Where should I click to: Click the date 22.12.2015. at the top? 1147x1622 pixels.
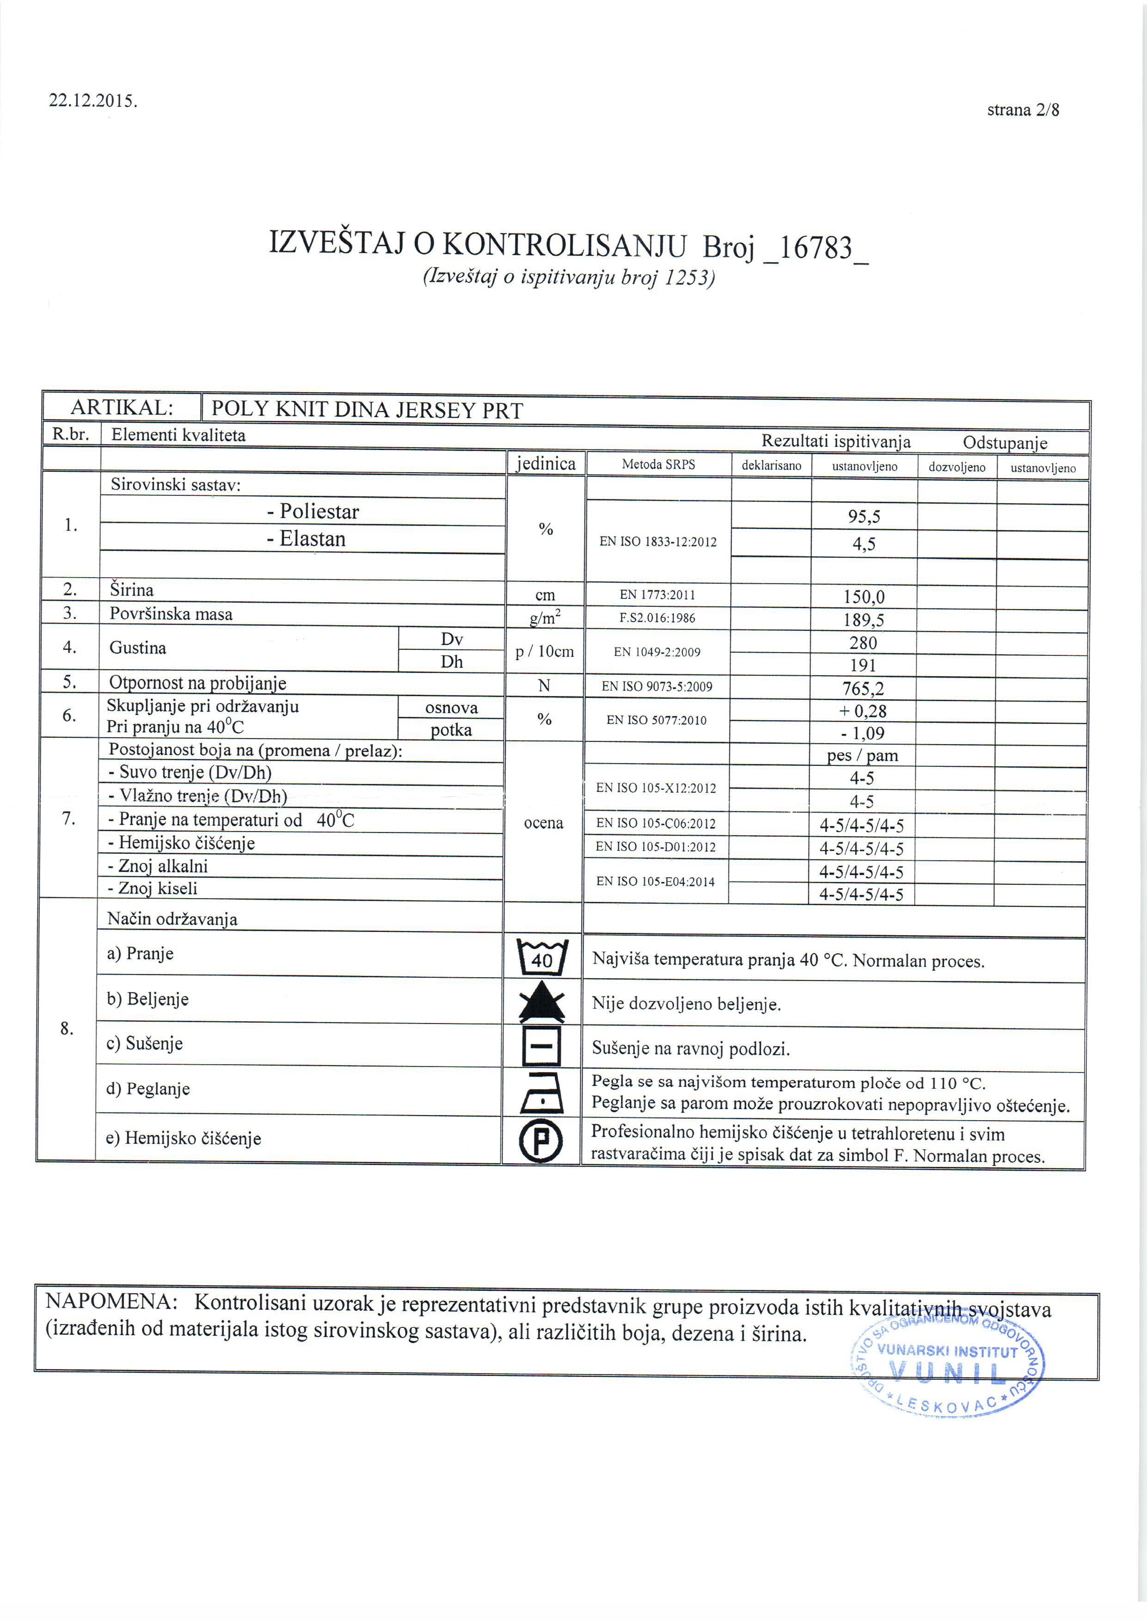92,100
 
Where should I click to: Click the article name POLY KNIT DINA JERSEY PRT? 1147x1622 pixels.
367,410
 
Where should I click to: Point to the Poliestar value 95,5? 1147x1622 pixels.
864,517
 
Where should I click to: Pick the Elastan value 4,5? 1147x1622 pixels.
864,544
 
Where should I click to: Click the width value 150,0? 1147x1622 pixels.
864,597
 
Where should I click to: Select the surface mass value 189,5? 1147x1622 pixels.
864,620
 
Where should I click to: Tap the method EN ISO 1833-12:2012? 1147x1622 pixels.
657,542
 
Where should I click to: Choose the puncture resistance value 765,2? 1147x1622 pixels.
863,688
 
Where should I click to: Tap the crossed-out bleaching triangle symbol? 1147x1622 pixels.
542,1002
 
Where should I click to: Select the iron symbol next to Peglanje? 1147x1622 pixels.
542,1093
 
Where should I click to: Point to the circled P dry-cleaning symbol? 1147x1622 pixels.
542,1141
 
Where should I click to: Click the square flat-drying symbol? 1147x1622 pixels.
542,1046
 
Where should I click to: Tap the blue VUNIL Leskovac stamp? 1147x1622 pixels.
947,1372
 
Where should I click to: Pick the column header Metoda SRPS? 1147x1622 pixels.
658,464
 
